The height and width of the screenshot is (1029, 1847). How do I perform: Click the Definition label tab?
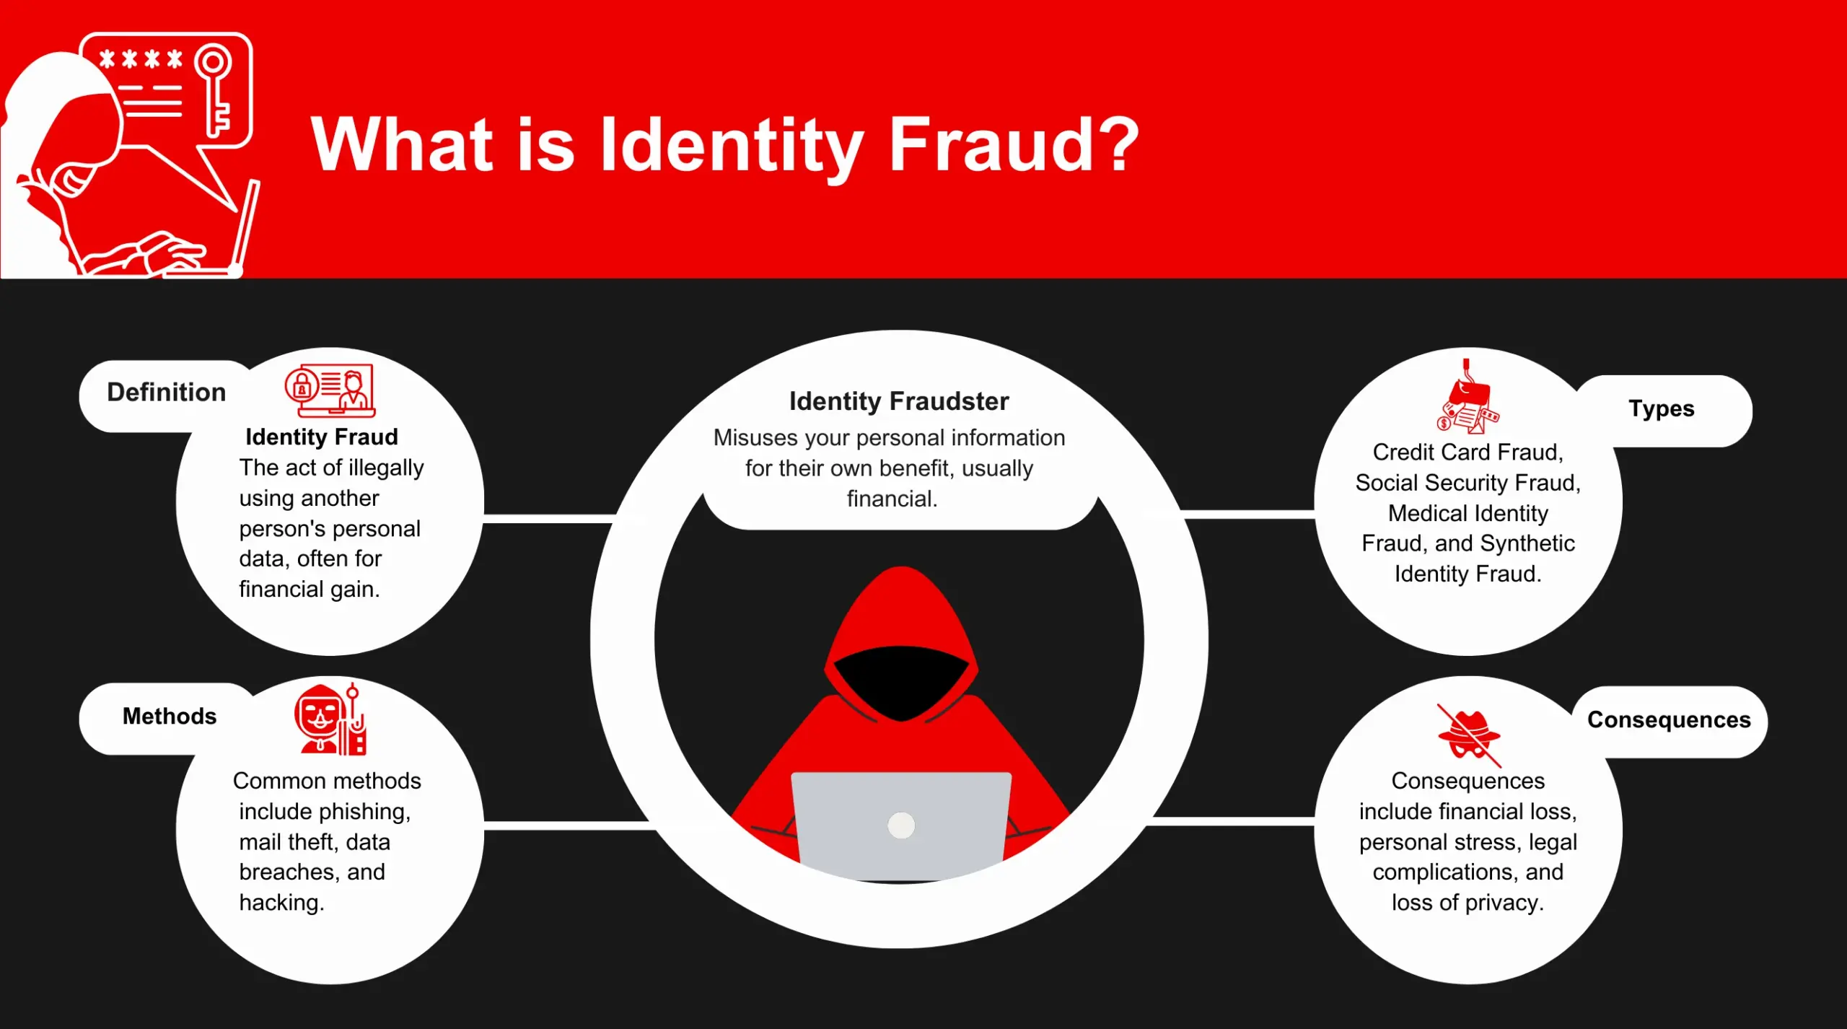(x=166, y=393)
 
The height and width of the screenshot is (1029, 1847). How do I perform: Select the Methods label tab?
(x=170, y=717)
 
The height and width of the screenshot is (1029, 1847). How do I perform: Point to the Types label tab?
(x=1662, y=409)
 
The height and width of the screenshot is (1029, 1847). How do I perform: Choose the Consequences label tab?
(x=1669, y=720)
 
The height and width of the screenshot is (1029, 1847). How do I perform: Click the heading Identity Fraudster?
(x=899, y=401)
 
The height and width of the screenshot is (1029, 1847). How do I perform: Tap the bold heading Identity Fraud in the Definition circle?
(x=322, y=437)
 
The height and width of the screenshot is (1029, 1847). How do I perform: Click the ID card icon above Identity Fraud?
(x=330, y=390)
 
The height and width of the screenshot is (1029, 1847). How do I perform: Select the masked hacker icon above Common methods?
(x=331, y=719)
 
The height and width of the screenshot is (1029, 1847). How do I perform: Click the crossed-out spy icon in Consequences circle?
(x=1469, y=735)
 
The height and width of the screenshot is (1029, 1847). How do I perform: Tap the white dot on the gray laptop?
(x=901, y=825)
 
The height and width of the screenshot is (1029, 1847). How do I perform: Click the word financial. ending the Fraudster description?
(x=892, y=499)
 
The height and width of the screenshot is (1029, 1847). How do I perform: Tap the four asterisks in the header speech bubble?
(x=141, y=58)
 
